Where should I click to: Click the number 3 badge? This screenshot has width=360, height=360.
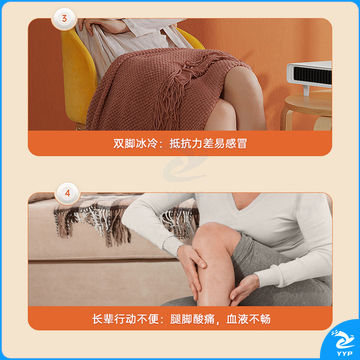[x=64, y=19]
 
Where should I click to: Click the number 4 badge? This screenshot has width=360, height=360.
[x=68, y=193]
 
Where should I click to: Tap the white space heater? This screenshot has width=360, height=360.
[x=309, y=77]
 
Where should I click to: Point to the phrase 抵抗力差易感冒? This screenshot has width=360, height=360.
[x=208, y=143]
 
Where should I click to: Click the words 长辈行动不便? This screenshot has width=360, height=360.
[x=126, y=319]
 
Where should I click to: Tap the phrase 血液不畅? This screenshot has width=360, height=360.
[x=249, y=319]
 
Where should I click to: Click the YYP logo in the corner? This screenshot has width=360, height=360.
[x=342, y=342]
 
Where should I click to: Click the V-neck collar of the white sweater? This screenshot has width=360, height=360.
[x=248, y=207]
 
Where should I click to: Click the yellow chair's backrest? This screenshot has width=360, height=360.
[x=78, y=77]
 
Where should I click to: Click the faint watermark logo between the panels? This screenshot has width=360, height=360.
[x=183, y=163]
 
